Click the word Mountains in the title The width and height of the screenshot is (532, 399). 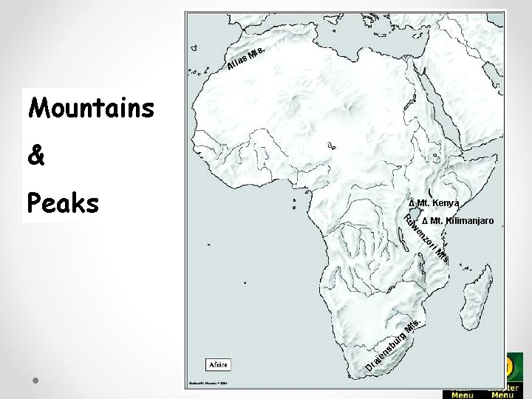[x=91, y=109]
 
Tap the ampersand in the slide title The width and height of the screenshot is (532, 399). [x=36, y=157]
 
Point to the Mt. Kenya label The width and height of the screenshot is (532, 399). [x=437, y=203]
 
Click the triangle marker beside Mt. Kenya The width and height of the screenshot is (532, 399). [x=412, y=203]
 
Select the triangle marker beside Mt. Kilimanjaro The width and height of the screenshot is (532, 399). [x=424, y=221]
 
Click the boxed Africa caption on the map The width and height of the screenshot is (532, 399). [x=218, y=364]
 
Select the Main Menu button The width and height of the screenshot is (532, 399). [x=463, y=392]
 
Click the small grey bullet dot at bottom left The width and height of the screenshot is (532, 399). [x=35, y=380]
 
